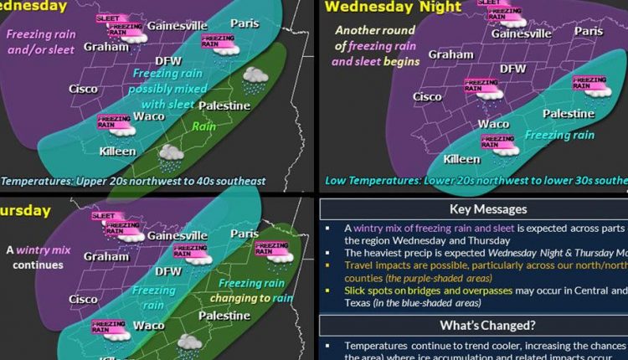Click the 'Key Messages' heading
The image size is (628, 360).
tap(476, 209)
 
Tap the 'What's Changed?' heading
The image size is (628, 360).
tap(476, 325)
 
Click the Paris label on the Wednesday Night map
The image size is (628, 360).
tap(589, 31)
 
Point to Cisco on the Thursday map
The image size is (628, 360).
tap(83, 299)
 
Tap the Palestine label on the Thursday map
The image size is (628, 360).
tap(224, 316)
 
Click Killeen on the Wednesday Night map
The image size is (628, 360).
tap(461, 159)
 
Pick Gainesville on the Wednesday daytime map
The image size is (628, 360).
tap(178, 25)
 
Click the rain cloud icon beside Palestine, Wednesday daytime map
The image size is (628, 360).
tap(255, 81)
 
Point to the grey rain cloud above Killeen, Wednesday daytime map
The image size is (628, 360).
tap(172, 153)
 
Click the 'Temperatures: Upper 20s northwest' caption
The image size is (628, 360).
tap(134, 180)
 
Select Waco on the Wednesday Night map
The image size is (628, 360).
tap(493, 124)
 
